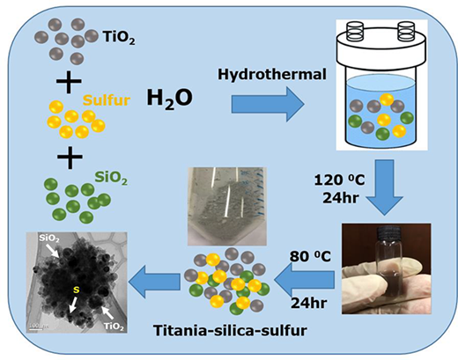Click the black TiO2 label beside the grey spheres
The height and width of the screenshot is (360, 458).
pyautogui.click(x=119, y=38)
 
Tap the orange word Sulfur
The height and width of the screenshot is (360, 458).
pyautogui.click(x=107, y=100)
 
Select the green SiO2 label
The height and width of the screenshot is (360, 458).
pyautogui.click(x=111, y=178)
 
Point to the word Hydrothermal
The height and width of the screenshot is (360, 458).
pyautogui.click(x=272, y=74)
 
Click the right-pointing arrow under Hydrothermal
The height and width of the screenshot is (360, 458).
pyautogui.click(x=268, y=104)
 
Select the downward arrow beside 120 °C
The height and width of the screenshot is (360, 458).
pyautogui.click(x=385, y=187)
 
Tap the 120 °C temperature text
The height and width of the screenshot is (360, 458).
pyautogui.click(x=339, y=180)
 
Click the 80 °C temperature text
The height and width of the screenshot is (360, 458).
pyautogui.click(x=310, y=256)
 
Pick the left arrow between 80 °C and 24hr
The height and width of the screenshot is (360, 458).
pyautogui.click(x=305, y=280)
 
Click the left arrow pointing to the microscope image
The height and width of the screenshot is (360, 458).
pyautogui.click(x=154, y=281)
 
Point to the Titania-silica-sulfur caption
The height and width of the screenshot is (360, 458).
pyautogui.click(x=231, y=331)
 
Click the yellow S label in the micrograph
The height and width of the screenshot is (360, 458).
pyautogui.click(x=77, y=290)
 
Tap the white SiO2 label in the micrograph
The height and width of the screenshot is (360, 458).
pyautogui.click(x=49, y=239)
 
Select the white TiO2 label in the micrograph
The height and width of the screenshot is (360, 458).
pyautogui.click(x=114, y=327)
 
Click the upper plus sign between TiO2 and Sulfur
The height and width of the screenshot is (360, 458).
pyautogui.click(x=69, y=82)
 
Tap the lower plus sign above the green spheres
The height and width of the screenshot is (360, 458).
pyautogui.click(x=70, y=157)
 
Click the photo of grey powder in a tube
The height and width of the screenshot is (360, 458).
pyautogui.click(x=227, y=206)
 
